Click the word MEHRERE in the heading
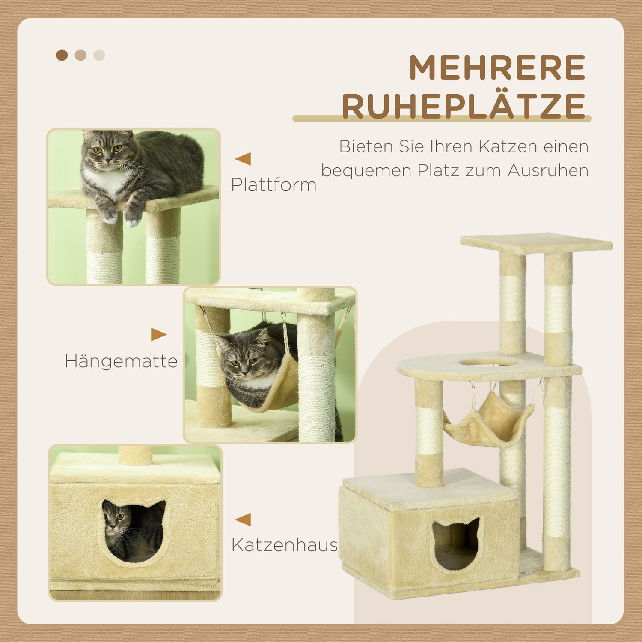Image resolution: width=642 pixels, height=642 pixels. coord(497,67)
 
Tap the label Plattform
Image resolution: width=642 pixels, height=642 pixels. coord(274,185)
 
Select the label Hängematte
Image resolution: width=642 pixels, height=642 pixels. coord(121,361)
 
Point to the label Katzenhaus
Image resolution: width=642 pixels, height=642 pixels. coord(284,545)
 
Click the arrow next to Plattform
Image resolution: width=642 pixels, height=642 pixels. coord(243,159)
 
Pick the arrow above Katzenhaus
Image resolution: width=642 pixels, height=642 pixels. coord(243,520)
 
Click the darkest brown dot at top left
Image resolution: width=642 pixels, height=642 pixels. coord(62,55)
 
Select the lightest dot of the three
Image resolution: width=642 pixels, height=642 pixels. coord(99,55)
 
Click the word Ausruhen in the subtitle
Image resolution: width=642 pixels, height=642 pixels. coord(548,170)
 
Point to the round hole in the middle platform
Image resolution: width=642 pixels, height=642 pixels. coord(490,363)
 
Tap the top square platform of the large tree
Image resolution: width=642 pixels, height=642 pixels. coord(536,242)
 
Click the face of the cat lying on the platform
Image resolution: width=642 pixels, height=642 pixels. coord(105,152)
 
